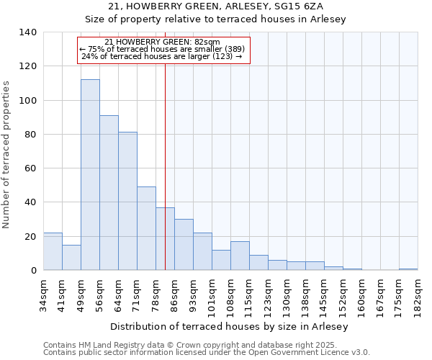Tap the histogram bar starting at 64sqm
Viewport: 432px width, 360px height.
(x=127, y=201)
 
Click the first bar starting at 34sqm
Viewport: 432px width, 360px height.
(x=53, y=251)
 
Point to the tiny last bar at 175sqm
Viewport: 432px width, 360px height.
(x=408, y=269)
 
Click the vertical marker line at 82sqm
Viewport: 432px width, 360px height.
(x=165, y=144)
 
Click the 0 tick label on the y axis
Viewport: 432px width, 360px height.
(x=33, y=271)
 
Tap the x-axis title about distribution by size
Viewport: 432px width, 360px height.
(x=230, y=327)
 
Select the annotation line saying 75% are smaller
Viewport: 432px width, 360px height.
(x=162, y=49)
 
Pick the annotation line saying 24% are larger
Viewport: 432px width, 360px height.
(x=162, y=56)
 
